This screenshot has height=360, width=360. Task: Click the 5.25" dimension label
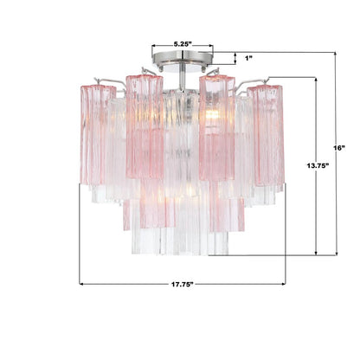click(x=182, y=40)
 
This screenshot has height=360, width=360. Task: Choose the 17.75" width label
click(x=181, y=283)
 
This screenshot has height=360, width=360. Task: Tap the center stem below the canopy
click(x=182, y=78)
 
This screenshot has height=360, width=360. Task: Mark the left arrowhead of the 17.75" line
click(x=82, y=283)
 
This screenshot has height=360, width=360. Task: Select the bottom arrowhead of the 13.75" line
click(x=317, y=253)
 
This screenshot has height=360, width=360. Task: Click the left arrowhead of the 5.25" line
click(x=153, y=48)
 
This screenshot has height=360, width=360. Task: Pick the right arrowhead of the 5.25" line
click(x=209, y=48)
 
